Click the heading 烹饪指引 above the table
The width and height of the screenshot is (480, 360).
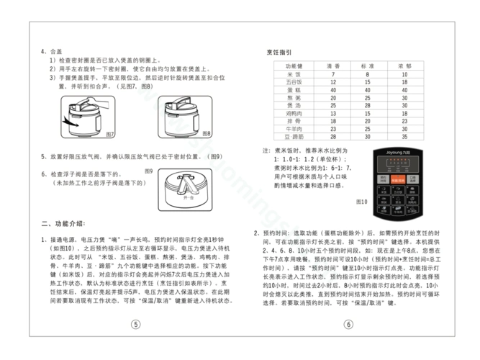(279, 53)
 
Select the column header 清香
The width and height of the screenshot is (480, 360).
(333, 66)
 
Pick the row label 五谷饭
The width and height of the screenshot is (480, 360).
(294, 82)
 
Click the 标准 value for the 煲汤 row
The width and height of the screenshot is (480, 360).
(366, 106)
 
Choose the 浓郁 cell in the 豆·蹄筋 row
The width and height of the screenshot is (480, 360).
(404, 137)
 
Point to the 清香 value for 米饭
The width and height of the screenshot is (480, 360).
(333, 74)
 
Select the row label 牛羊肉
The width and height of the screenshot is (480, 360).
(294, 129)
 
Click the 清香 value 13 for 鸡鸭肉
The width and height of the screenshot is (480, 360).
(333, 114)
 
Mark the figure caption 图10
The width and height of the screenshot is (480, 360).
(361, 202)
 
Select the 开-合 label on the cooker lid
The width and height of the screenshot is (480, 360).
(189, 197)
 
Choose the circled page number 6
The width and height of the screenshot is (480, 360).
(348, 325)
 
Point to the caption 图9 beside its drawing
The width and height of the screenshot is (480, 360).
(148, 171)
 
